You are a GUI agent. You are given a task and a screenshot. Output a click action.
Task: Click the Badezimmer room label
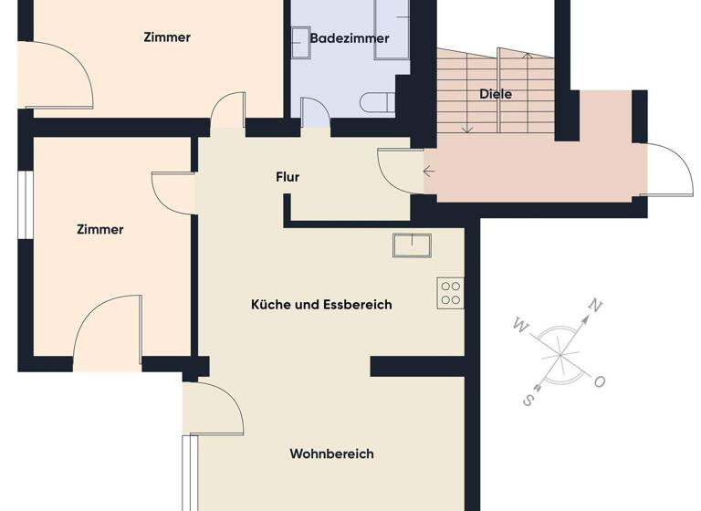point(350,38)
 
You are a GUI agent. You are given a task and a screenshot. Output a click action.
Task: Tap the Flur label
point(288,177)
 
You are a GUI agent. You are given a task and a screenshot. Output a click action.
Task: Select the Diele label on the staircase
point(495,94)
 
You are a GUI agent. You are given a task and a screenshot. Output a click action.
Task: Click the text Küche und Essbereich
point(321,305)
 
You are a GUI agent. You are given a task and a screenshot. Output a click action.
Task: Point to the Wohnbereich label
point(331,454)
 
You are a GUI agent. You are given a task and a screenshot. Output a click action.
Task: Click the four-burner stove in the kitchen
point(451,292)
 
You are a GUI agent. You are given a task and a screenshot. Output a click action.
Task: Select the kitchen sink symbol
point(412,245)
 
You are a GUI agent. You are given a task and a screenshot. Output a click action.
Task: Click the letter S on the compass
point(528,399)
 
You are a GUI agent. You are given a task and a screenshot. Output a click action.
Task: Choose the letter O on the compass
point(600,382)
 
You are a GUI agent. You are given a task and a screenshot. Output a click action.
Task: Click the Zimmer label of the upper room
point(167,37)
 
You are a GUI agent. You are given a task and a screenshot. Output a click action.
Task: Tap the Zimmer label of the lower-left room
point(99,230)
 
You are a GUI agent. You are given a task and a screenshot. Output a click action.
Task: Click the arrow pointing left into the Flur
point(429,171)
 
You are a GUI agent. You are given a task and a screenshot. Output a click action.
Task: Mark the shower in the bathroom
point(392,27)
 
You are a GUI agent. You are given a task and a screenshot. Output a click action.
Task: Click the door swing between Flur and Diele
point(394,168)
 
